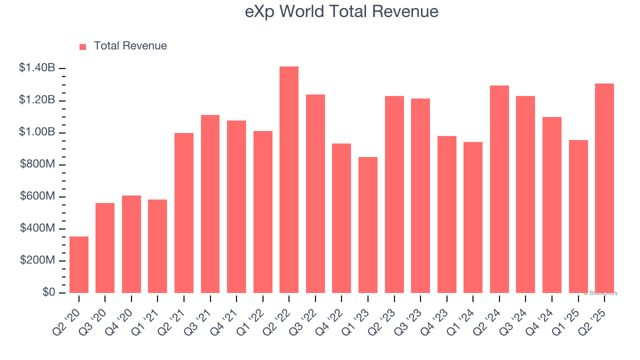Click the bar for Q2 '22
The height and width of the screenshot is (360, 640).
click(289, 180)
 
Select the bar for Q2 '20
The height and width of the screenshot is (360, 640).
click(79, 265)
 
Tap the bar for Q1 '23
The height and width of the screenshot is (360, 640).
click(368, 225)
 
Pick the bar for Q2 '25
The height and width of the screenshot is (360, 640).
click(604, 188)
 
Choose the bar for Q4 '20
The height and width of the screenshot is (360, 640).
click(131, 244)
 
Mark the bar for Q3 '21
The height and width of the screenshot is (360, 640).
click(210, 204)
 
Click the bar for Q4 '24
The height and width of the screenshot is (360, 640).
click(552, 205)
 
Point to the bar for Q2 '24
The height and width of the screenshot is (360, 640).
click(499, 189)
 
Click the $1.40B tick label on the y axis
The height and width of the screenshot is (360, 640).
click(37, 68)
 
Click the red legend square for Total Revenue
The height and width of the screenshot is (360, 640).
click(83, 46)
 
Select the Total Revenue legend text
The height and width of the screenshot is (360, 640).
click(130, 46)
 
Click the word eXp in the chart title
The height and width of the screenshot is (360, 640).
click(258, 11)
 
